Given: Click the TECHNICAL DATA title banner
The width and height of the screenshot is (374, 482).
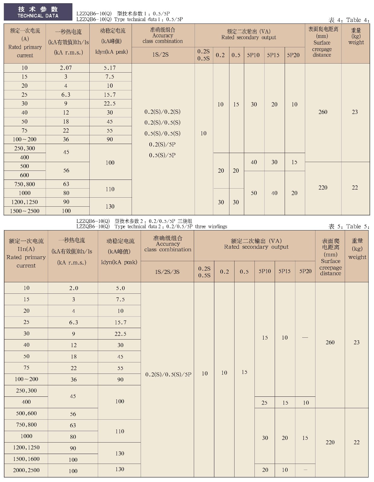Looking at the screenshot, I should point(38,12).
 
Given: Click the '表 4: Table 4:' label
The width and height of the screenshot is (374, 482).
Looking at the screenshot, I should point(349,20).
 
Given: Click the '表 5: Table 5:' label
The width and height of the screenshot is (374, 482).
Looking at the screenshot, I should point(349,227).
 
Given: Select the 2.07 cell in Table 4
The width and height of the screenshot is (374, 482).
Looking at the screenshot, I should point(66,68).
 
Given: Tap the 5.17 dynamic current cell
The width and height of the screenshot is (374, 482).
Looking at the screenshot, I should point(110,68).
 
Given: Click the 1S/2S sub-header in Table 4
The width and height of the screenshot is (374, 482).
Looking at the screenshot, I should point(161,55).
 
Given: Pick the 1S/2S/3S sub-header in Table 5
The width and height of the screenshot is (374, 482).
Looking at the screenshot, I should point(167,272).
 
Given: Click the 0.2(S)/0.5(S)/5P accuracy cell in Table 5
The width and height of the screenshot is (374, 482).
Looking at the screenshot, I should point(168,374).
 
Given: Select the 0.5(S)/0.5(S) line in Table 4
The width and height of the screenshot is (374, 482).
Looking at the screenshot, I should point(162,133).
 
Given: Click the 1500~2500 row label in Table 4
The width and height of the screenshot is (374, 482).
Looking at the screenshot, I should point(24,211).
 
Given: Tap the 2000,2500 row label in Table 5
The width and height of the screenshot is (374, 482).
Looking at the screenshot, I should point(26,470).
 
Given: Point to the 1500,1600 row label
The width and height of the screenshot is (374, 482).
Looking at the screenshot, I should point(26,459).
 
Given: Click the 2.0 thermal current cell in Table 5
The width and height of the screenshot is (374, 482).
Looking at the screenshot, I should point(74,288).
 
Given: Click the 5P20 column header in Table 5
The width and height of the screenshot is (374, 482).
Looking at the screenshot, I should point(305,271).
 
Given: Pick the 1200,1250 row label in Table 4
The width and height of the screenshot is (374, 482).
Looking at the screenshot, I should point(24,202).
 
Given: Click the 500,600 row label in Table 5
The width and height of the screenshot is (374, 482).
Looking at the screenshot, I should point(26,414).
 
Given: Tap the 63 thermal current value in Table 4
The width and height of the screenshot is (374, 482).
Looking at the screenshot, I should point(66,184).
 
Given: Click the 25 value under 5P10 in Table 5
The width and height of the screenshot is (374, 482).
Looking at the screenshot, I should point(264,403).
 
